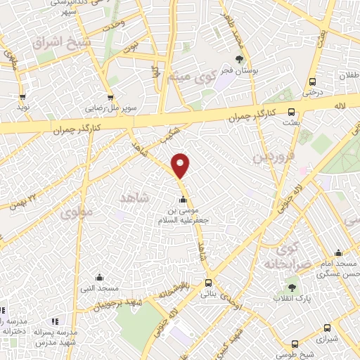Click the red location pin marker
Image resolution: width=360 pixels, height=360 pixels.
tap(181, 165)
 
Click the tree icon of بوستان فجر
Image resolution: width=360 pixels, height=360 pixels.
tap(240, 59)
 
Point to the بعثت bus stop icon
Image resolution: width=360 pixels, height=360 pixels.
tap(292, 112)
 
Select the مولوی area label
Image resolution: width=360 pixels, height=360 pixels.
tap(76, 212)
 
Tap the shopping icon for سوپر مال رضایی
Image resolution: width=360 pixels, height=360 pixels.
tap(110, 98)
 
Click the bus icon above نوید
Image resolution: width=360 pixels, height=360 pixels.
tap(22, 97)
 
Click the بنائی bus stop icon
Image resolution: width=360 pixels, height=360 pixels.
tap(207, 283)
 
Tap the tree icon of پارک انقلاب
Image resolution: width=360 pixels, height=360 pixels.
tap(291, 288)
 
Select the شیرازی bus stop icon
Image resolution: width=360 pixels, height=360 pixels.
tap(327, 327)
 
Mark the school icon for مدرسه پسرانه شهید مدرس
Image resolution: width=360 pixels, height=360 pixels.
tap(55, 321)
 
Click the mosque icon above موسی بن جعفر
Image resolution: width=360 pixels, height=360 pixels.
tap(183, 199)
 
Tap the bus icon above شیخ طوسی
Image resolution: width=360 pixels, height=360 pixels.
tap(295, 344)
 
